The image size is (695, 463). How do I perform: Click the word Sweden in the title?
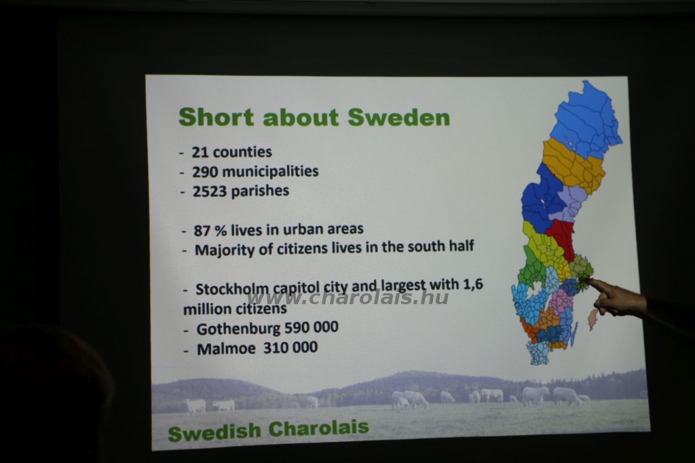click(398, 117)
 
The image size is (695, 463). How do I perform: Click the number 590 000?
click(311, 327)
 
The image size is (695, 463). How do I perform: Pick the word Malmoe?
click(226, 348)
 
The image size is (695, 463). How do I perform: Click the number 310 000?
click(290, 348)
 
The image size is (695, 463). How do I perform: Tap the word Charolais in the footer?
click(319, 428)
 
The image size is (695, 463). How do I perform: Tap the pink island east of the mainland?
click(592, 319)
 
